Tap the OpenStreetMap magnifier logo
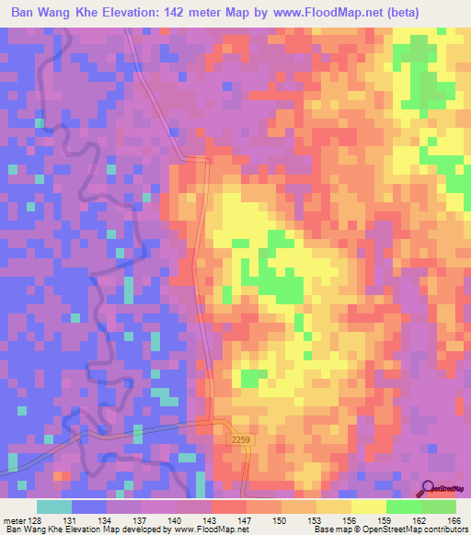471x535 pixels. coord(428,487)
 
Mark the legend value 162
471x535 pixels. coord(419,519)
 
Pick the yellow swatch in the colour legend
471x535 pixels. coord(368,507)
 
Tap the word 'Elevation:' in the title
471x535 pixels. coord(142,13)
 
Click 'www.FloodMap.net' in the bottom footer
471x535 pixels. coord(211,530)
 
